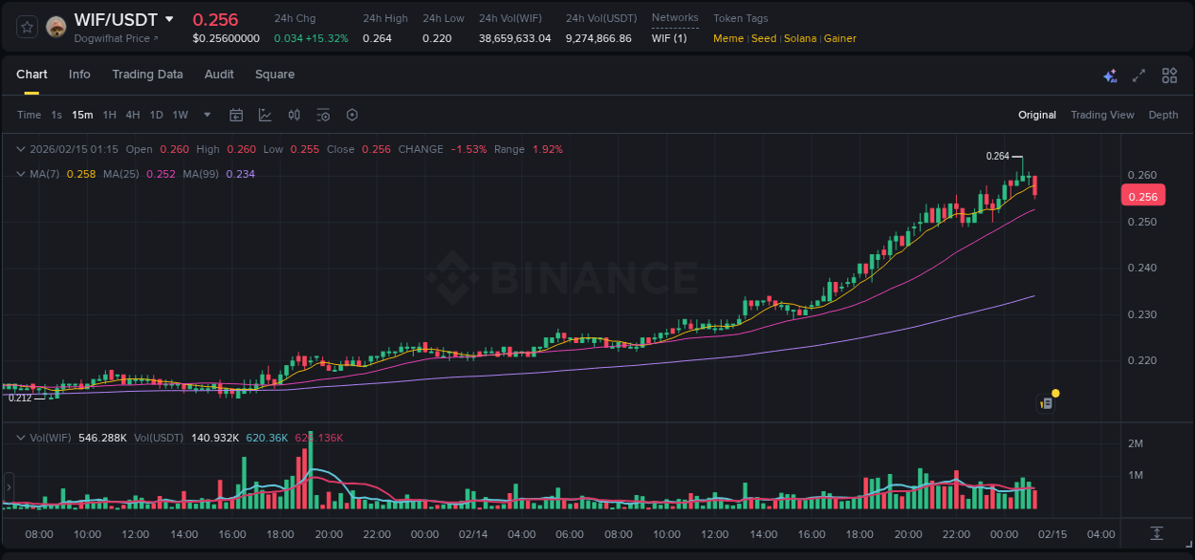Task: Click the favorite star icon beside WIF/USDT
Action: click(x=27, y=27)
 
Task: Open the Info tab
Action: click(x=79, y=75)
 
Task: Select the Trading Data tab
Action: click(x=147, y=75)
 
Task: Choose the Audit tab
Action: click(x=219, y=75)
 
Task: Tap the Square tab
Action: click(x=274, y=75)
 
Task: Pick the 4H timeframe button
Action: click(x=133, y=115)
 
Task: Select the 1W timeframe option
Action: click(x=180, y=115)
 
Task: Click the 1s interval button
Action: click(x=56, y=115)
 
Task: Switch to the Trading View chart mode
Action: click(x=1102, y=115)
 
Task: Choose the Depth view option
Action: click(x=1163, y=115)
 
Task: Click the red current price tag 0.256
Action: click(x=1142, y=197)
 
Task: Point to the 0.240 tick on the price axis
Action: click(x=1142, y=269)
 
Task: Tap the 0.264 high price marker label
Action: click(x=997, y=156)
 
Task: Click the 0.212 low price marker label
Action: click(x=19, y=398)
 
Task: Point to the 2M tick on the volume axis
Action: click(x=1136, y=443)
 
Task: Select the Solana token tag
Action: click(x=801, y=39)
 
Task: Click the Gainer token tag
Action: click(x=839, y=39)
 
